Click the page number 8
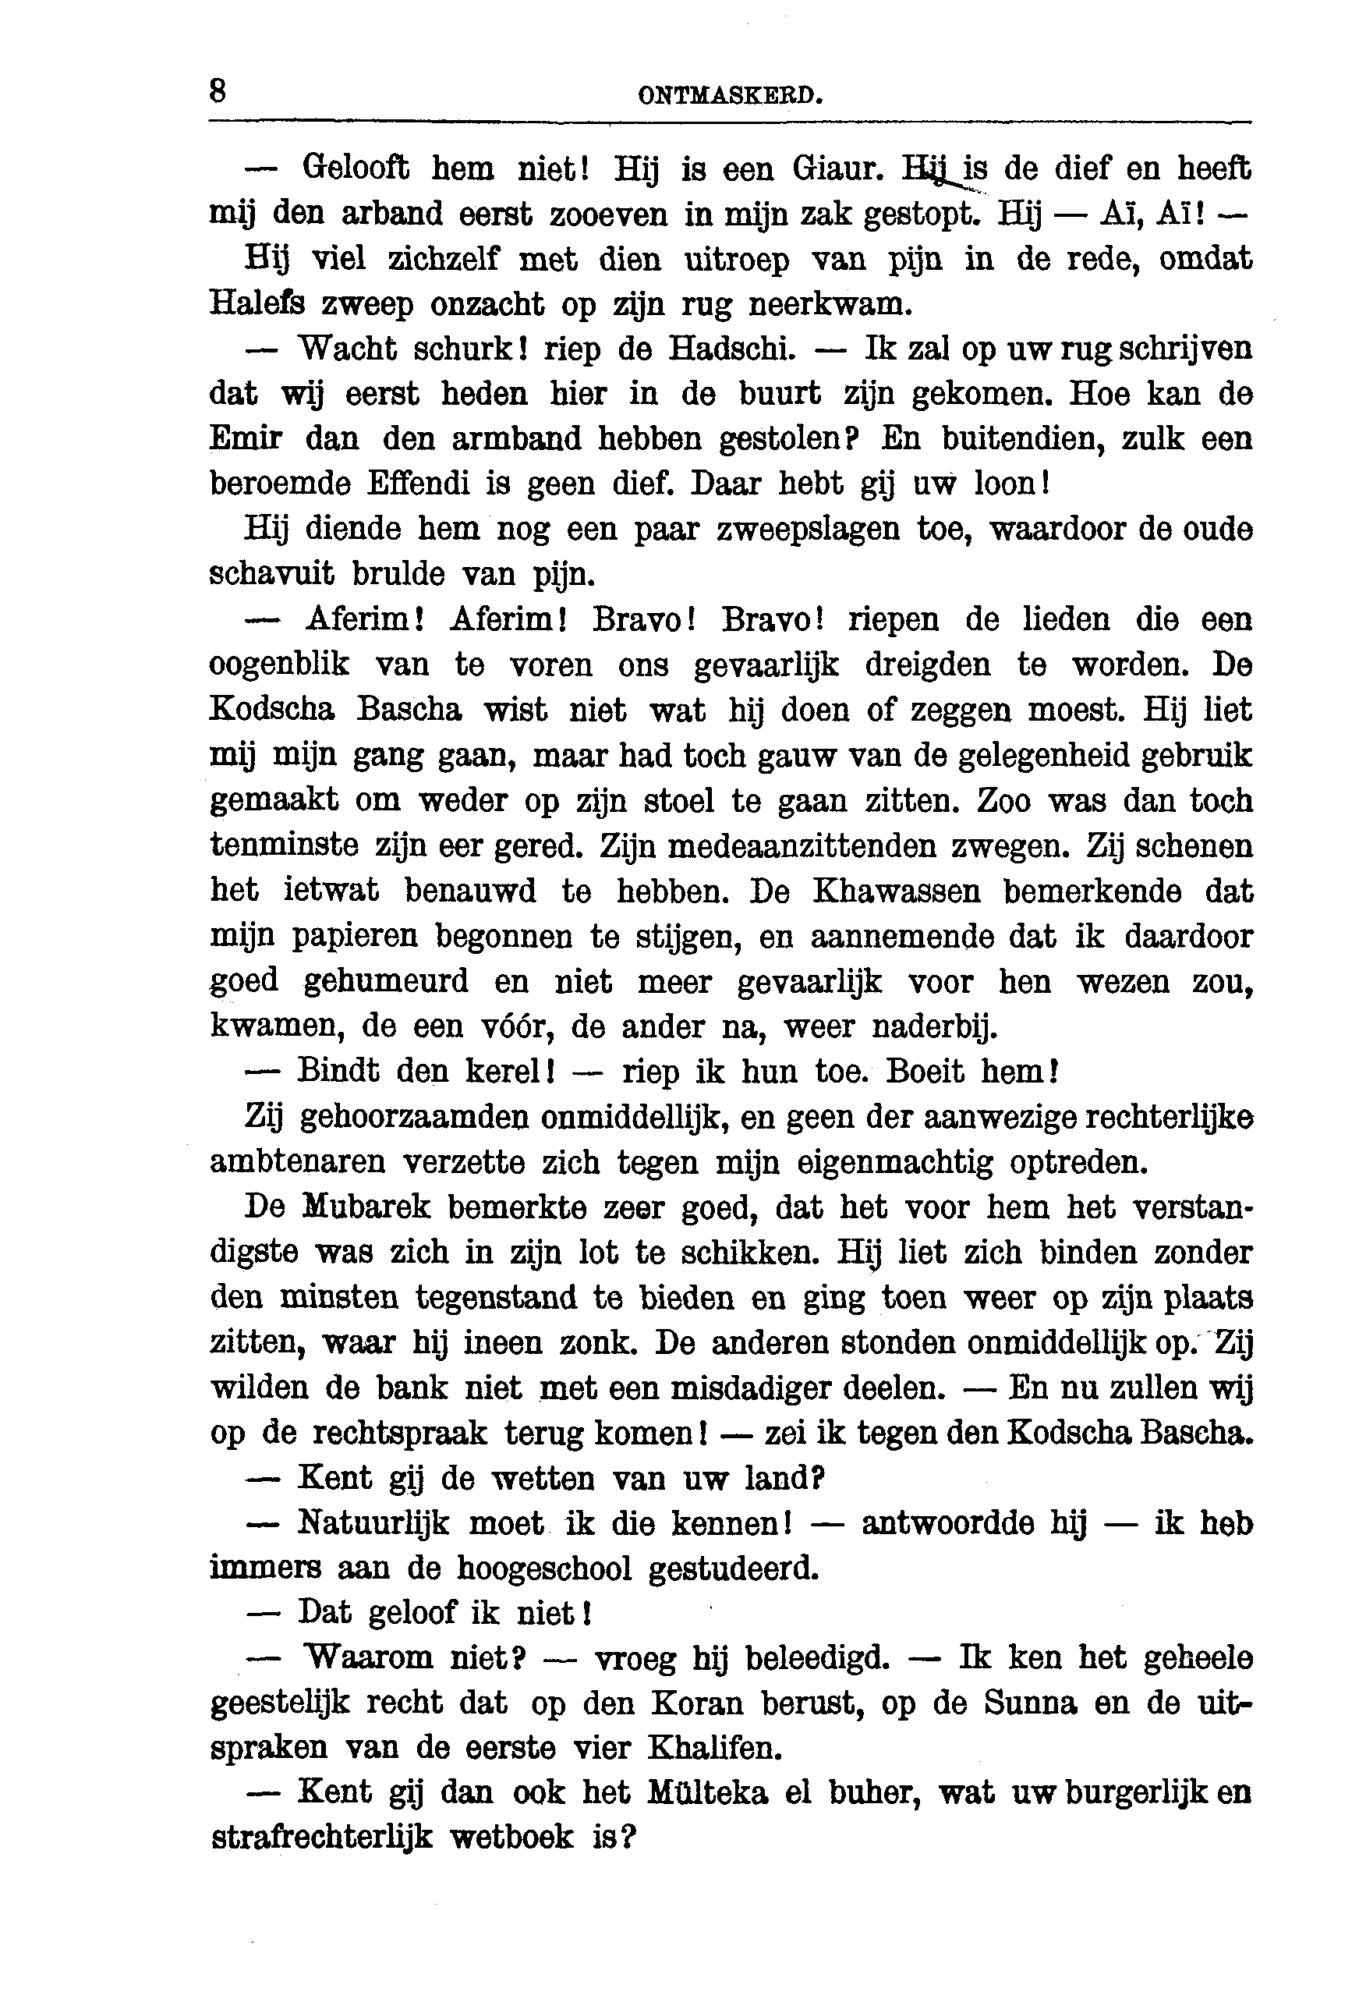click(x=218, y=90)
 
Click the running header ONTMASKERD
click(x=731, y=94)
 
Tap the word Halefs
click(x=257, y=303)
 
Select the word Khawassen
click(x=896, y=891)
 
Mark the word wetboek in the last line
click(x=511, y=1838)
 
